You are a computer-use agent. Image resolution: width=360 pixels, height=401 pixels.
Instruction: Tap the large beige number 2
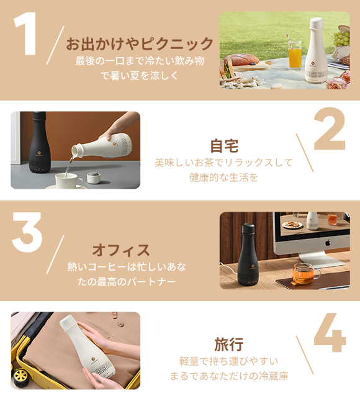point(330,128)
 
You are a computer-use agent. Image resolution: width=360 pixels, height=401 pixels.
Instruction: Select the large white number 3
point(27,232)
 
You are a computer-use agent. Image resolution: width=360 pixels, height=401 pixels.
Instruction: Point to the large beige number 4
point(330,332)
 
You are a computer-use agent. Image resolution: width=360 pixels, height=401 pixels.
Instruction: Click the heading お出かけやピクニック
point(140,43)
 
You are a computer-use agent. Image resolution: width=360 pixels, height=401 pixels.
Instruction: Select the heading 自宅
point(224,146)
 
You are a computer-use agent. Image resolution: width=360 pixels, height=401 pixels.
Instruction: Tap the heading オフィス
point(121,250)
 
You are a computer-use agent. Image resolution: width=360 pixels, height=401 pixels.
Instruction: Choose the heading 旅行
point(228,345)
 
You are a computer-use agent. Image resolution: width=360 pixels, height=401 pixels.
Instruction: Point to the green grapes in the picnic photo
point(341,38)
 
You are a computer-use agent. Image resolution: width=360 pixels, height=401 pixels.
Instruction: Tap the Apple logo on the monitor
point(328,242)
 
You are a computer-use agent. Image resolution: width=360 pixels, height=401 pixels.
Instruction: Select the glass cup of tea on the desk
point(305,274)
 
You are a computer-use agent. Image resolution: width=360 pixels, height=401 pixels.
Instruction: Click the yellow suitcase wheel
point(20,376)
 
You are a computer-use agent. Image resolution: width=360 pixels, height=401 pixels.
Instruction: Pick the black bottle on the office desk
point(248,255)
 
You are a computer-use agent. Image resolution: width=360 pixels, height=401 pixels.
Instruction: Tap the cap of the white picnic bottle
point(317,23)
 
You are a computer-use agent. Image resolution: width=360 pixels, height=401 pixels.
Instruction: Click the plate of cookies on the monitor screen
point(292,225)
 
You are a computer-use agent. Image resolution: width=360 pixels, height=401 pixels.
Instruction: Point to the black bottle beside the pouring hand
point(39,142)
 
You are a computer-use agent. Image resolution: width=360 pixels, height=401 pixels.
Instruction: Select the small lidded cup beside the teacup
point(94,178)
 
